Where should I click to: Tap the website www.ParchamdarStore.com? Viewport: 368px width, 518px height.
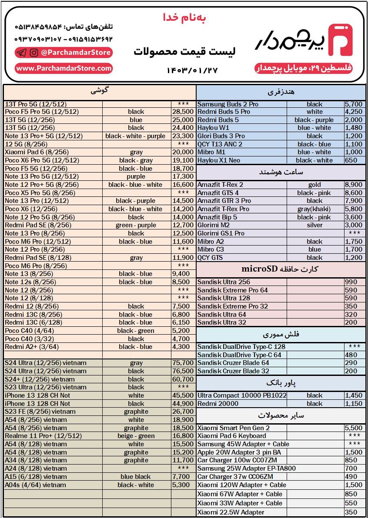point(64,68)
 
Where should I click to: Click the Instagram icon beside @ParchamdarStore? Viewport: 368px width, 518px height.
point(34,53)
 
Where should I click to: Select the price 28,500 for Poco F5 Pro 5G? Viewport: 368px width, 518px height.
point(183,112)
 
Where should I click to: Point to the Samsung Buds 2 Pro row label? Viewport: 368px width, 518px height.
point(227,104)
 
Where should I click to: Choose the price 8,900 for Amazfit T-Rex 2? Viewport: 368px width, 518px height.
point(353,185)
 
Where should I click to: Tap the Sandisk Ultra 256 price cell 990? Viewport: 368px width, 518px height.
point(351,282)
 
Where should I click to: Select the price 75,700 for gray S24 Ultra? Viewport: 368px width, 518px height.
point(183,363)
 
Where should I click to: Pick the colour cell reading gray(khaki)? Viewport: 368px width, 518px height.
point(314,209)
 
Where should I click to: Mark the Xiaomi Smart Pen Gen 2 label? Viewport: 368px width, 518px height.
point(234,428)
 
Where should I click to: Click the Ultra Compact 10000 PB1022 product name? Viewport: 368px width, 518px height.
point(242,395)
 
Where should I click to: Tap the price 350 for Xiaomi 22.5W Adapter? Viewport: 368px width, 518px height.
point(351,512)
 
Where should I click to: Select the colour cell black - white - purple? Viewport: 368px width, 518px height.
point(135,136)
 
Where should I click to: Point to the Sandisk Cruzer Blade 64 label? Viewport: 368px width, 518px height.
point(233,363)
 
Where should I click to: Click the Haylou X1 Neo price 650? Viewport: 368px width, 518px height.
point(351,160)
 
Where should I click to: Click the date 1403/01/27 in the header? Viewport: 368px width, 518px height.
point(191,70)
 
